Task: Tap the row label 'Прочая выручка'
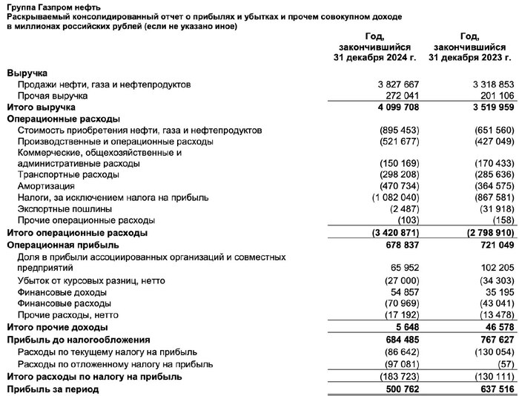[53, 96]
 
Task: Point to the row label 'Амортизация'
[45, 187]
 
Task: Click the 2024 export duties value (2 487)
[399, 209]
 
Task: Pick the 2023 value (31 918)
[492, 209]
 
